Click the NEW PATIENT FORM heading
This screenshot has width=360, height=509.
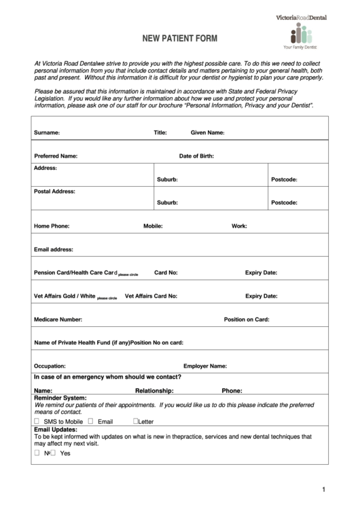pos(179,39)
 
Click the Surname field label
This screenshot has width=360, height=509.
pos(47,133)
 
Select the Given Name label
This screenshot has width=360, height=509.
pos(207,133)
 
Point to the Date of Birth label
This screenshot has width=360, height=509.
pos(197,156)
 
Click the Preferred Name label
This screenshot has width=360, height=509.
pos(56,156)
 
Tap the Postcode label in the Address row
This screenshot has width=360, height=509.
pos(284,179)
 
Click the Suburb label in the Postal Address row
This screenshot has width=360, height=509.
pos(167,203)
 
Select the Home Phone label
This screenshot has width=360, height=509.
pos(52,226)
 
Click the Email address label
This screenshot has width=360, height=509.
pos(54,249)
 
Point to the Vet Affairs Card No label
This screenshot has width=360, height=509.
pos(151,296)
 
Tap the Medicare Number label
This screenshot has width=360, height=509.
pos(58,319)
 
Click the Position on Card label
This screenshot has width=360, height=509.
pos(247,319)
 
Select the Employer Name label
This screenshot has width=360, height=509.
pos(205,366)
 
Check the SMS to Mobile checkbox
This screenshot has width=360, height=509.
pos(37,421)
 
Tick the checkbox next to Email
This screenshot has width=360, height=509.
pos(90,421)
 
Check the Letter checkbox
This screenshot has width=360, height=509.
pos(136,421)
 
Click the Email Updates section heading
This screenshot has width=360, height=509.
pos(55,429)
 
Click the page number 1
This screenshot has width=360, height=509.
pos(324,489)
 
